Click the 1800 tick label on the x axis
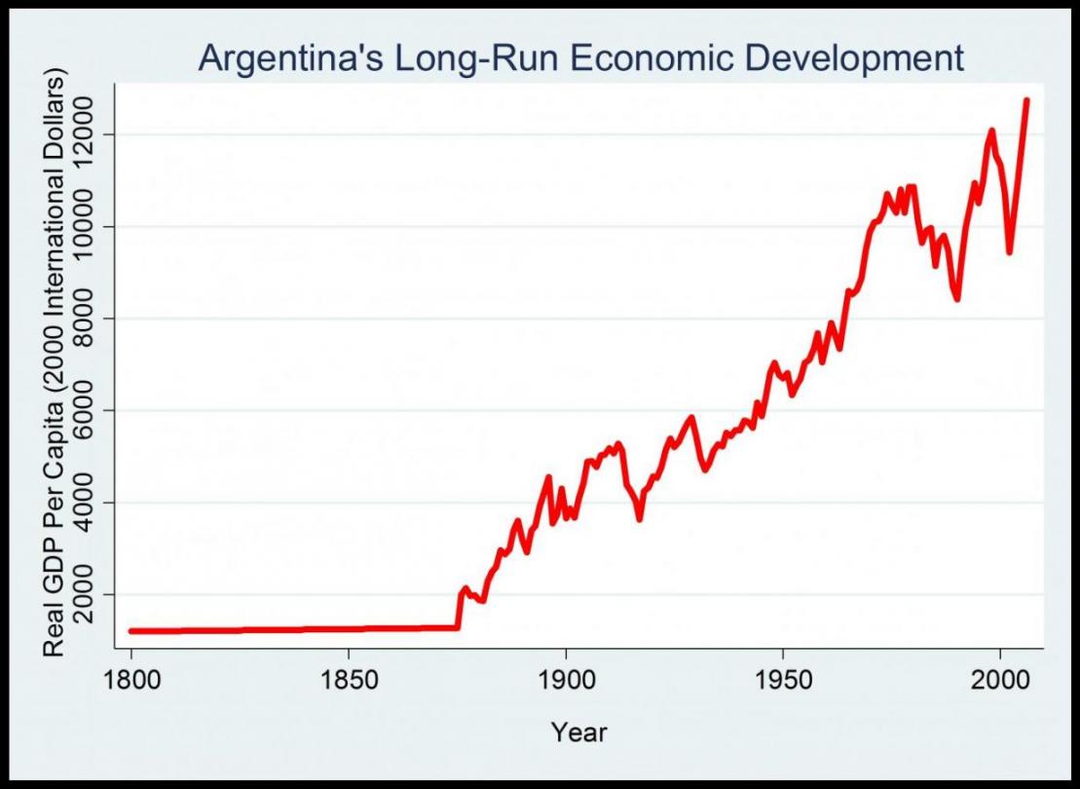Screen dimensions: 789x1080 click(x=131, y=679)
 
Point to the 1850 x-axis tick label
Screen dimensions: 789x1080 click(x=349, y=679)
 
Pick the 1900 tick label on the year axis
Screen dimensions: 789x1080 click(x=566, y=679)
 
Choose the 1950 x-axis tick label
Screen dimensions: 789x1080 click(x=783, y=679)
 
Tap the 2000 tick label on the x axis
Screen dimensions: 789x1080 click(x=1000, y=679)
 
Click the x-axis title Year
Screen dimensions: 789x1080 click(x=578, y=732)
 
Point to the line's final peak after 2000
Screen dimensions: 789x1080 click(x=1026, y=100)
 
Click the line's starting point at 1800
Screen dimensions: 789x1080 click(x=131, y=631)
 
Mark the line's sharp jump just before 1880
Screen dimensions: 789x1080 click(x=459, y=609)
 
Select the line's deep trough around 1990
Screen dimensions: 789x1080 click(x=957, y=298)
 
